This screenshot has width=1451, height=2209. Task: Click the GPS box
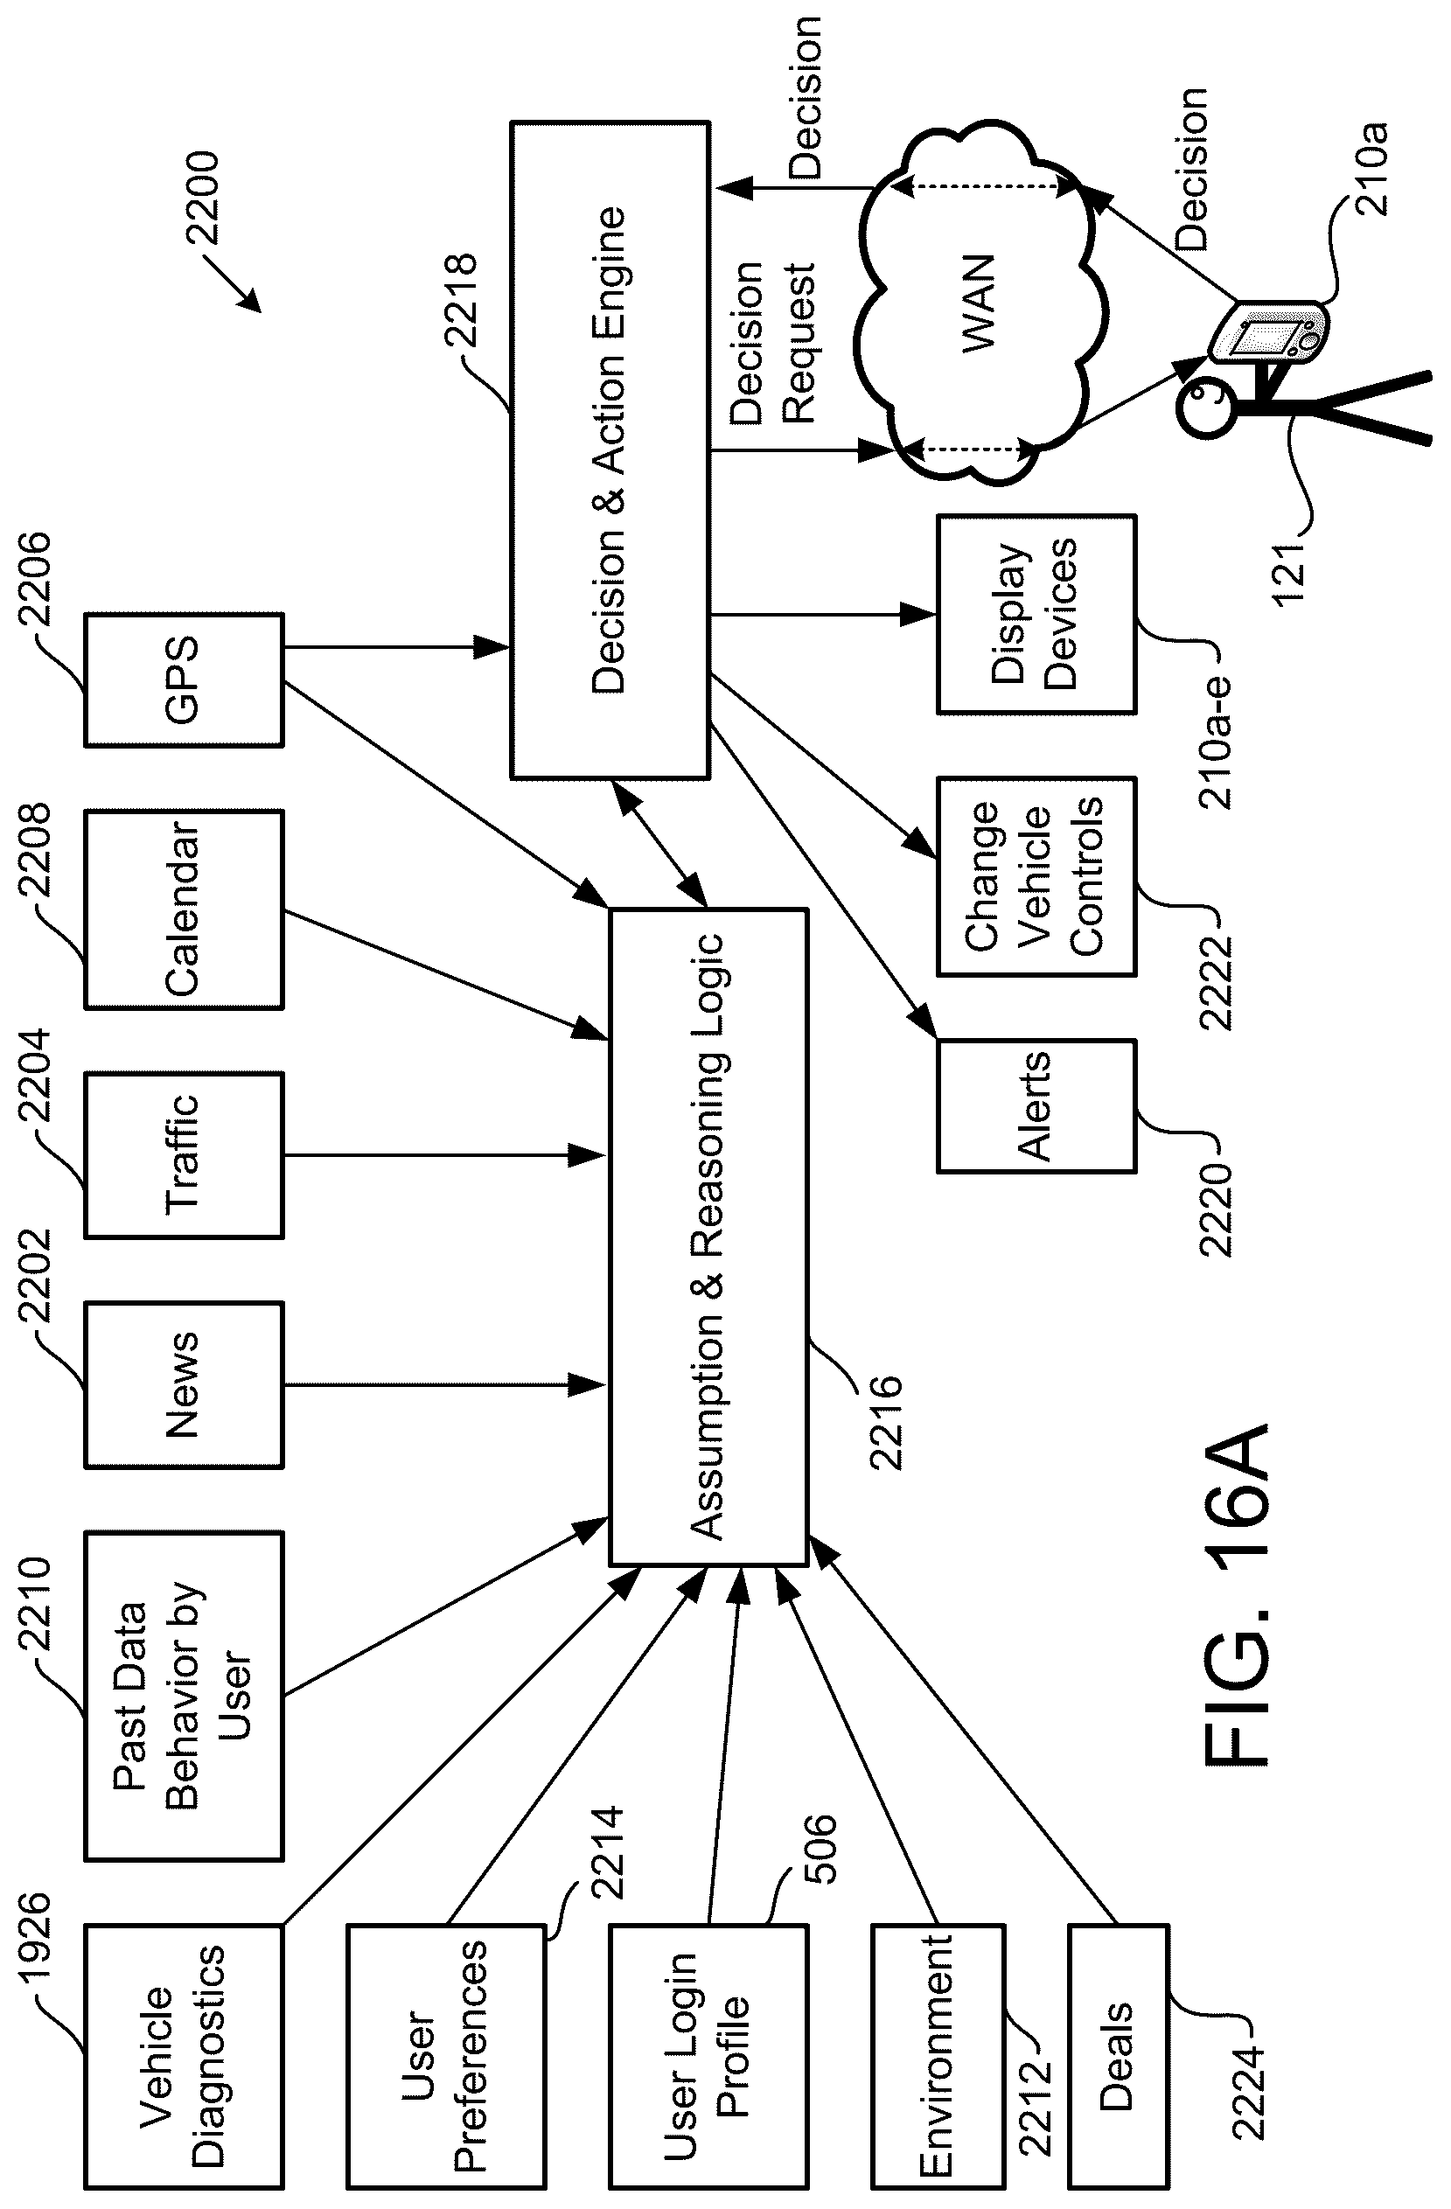pos(184,679)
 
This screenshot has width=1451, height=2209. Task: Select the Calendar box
pos(184,909)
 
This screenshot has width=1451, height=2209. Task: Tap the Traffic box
pos(184,1154)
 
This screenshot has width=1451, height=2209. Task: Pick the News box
pos(184,1385)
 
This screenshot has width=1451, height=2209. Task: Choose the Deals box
pos(1118,2056)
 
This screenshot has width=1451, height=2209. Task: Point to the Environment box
pos(938,2056)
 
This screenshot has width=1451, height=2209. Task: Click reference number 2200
pos(202,198)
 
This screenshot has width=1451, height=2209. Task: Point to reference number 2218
pos(462,300)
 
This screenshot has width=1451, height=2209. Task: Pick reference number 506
pos(820,1849)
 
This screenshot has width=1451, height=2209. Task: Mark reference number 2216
pos(886,1422)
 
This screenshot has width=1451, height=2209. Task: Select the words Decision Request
pos(772,344)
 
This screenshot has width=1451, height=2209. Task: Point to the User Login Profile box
pos(708,2056)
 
